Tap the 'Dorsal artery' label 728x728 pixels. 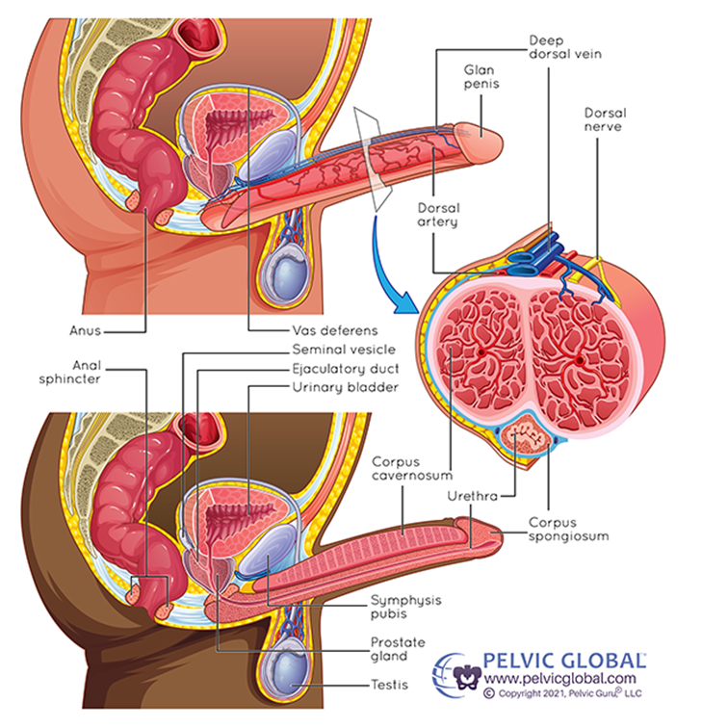(x=437, y=214)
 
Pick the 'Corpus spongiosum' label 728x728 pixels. (x=568, y=529)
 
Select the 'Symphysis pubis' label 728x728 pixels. (x=405, y=607)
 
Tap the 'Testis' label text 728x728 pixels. (x=389, y=686)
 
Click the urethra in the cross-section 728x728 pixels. (x=526, y=441)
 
